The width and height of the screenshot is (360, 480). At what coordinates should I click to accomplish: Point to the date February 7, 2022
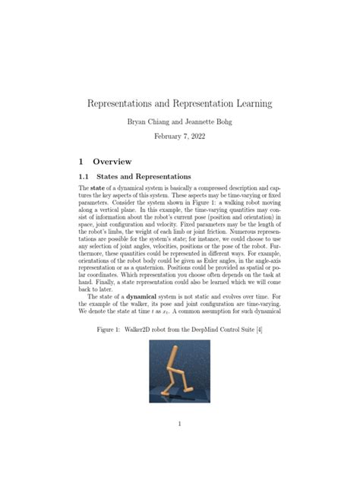click(x=180, y=137)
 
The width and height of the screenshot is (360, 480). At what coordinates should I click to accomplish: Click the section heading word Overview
click(x=112, y=161)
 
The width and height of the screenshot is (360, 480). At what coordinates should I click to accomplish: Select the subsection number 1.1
click(x=86, y=176)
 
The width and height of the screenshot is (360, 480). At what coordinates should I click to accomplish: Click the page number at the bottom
click(x=180, y=424)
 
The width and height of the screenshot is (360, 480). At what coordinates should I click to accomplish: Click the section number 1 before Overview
click(x=81, y=161)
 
